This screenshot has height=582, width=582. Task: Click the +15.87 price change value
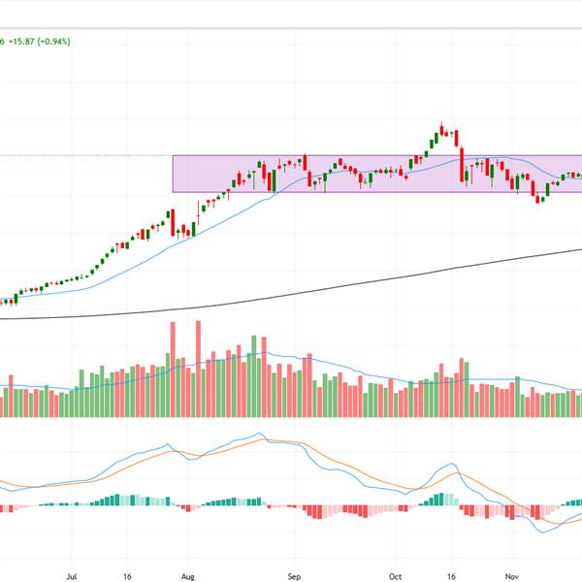click(29, 41)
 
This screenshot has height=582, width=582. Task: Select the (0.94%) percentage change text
click(68, 41)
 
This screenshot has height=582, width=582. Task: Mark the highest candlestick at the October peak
click(441, 129)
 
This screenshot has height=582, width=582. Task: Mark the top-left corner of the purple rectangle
click(174, 156)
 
